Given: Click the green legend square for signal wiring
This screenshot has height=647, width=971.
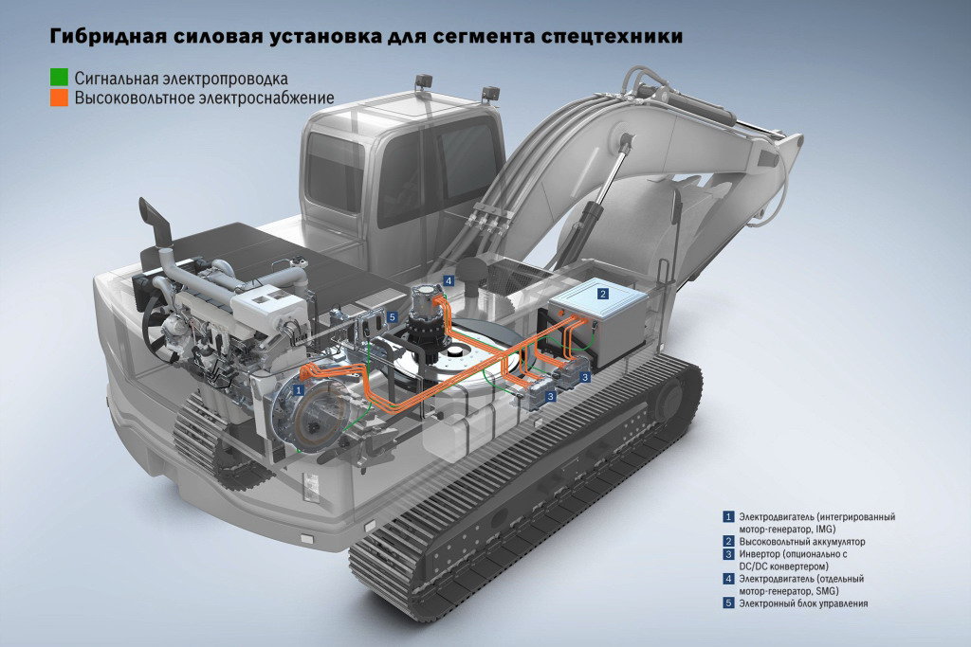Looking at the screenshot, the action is (59, 78).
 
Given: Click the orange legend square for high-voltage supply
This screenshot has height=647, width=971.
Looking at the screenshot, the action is (59, 98).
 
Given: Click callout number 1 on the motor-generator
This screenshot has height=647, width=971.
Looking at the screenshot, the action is (299, 390).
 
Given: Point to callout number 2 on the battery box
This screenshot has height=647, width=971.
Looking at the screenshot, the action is (602, 294).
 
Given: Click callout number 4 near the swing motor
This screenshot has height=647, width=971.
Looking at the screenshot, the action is (449, 280).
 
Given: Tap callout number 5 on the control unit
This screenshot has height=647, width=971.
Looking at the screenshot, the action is (392, 317).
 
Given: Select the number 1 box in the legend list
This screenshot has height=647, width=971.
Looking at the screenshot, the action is (729, 516).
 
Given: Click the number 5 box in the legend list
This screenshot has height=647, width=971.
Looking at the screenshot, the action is (729, 603).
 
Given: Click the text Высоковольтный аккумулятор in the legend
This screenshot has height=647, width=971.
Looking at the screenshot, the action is (802, 541).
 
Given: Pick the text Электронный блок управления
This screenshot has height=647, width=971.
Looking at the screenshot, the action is (803, 603).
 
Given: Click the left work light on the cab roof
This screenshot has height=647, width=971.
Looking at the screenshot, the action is (424, 81).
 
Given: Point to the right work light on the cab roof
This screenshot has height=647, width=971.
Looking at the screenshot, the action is (490, 93).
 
